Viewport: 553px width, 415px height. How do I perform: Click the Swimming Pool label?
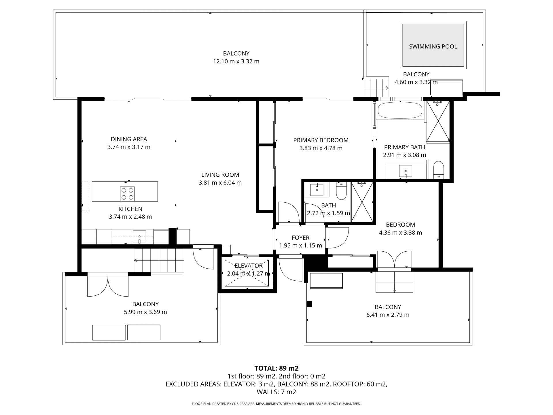[433, 46]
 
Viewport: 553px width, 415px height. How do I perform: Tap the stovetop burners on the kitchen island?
[127, 194]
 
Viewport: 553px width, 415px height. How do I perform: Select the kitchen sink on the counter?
[139, 237]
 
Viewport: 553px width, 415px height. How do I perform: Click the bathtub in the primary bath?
[400, 111]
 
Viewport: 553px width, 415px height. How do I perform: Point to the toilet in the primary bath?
[439, 170]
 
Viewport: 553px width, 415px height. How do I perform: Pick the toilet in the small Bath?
[342, 191]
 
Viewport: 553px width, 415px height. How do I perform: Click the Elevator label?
[248, 266]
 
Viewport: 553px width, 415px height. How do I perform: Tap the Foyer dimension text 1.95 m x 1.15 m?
[300, 246]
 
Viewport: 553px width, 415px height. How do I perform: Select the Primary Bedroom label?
[321, 140]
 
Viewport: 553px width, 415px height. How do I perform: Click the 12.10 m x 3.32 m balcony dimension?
[236, 61]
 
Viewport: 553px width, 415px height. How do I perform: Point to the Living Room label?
[220, 175]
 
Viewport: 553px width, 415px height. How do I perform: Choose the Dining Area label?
[129, 139]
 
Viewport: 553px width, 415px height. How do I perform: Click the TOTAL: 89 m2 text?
[276, 368]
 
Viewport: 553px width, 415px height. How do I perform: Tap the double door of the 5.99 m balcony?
[108, 286]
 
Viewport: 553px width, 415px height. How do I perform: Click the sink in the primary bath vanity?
[406, 171]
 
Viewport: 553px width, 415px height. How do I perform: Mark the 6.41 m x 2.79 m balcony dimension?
[388, 315]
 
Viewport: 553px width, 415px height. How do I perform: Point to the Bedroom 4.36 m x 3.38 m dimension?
[400, 233]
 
